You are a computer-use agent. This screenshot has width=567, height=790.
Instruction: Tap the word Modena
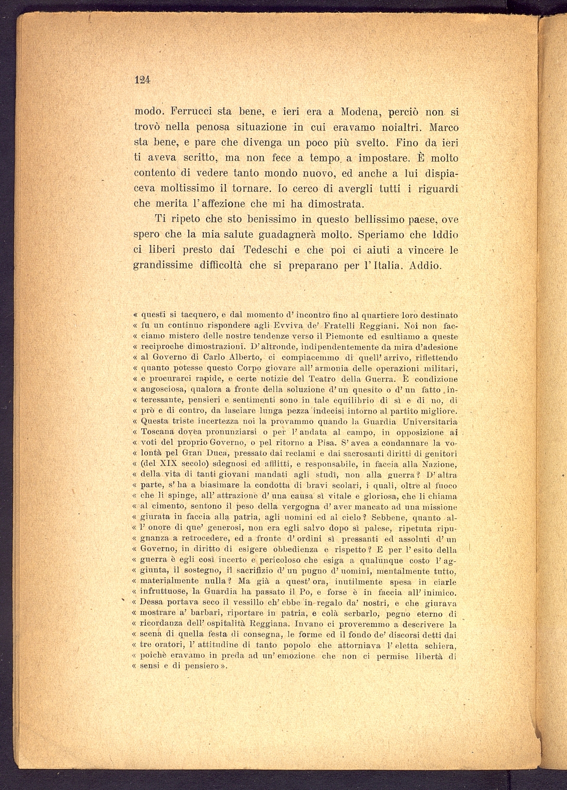pos(360,112)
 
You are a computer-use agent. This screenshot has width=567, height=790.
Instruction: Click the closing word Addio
pos(425,265)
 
